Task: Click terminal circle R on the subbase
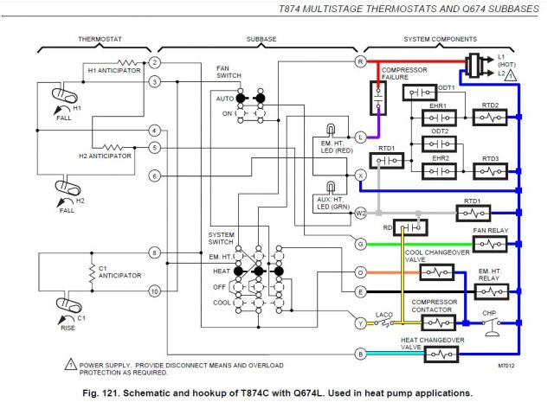pos(361,61)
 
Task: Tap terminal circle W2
pos(361,212)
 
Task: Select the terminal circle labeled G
pos(361,244)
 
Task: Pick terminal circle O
pos(361,272)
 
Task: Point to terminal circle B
pos(361,353)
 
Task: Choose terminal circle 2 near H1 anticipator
pos(154,62)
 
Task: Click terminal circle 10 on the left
pos(154,290)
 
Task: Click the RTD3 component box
pos(491,170)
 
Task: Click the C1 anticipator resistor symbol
pos(91,275)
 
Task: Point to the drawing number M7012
pos(507,367)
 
